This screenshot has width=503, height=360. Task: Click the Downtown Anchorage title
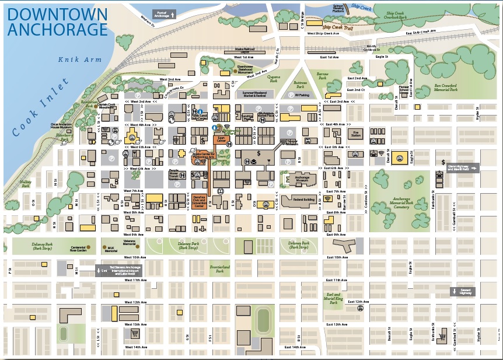point(57,22)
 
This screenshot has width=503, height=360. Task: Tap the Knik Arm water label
point(80,60)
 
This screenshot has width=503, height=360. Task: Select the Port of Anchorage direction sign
point(163,14)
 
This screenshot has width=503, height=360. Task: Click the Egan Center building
point(221,139)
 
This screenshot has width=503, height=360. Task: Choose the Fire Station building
point(355,133)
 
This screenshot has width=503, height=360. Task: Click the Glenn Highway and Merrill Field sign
point(460,168)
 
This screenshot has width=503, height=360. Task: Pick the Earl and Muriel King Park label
point(333,299)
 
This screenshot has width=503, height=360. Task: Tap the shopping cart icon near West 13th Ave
point(135,334)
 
